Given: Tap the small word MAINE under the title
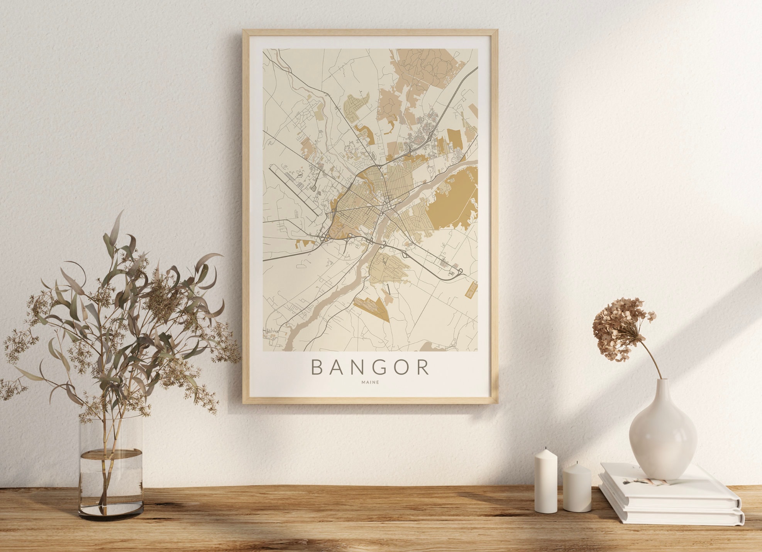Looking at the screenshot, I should click(370, 382).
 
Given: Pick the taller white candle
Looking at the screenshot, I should click(546, 482).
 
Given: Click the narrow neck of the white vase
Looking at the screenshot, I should click(662, 389).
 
